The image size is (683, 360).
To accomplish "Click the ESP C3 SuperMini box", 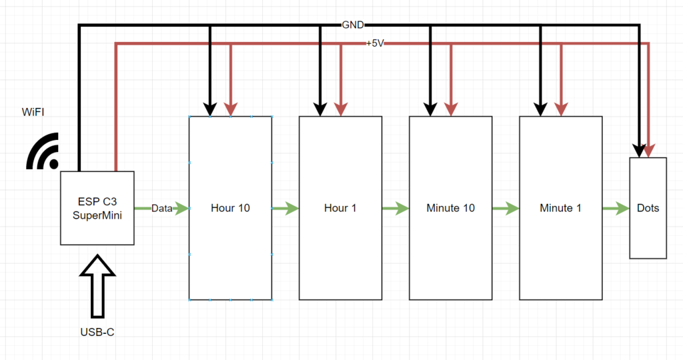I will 97,208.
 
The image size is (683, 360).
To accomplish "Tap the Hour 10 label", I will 230,208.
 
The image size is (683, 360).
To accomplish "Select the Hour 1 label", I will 340,208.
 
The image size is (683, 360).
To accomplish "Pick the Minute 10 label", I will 450,208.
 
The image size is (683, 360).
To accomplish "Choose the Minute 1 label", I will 560,208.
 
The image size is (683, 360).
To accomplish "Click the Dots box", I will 648,208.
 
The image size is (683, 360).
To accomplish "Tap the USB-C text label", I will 97,331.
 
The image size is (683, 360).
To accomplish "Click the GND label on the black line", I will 353,25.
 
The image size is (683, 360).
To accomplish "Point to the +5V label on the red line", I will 375,43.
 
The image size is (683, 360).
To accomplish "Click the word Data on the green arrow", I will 161,209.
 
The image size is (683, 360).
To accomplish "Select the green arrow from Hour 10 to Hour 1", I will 285,209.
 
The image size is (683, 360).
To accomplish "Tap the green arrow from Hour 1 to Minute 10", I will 395,209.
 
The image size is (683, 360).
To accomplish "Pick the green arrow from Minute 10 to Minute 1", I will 505,209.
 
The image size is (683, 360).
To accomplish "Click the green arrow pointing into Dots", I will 616,209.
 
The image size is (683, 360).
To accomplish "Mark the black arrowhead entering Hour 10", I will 209,108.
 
